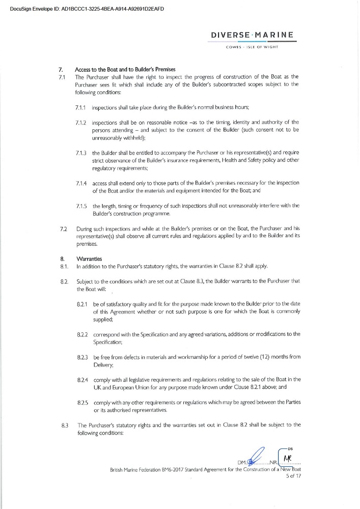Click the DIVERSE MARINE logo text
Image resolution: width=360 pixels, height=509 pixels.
point(252,35)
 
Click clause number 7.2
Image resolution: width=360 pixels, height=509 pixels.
point(64,230)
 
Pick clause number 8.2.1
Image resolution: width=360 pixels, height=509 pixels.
point(84,304)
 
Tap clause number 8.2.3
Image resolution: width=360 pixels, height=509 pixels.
point(84,357)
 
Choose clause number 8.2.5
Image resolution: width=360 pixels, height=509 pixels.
point(84,403)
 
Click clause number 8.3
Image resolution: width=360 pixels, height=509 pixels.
point(64,425)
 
